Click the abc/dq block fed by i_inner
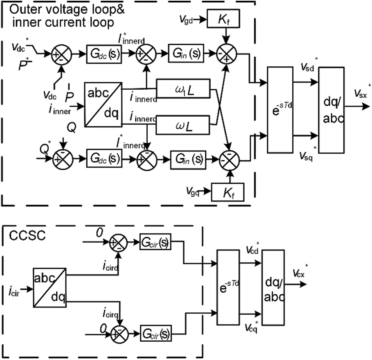102,104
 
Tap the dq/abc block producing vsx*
331,110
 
